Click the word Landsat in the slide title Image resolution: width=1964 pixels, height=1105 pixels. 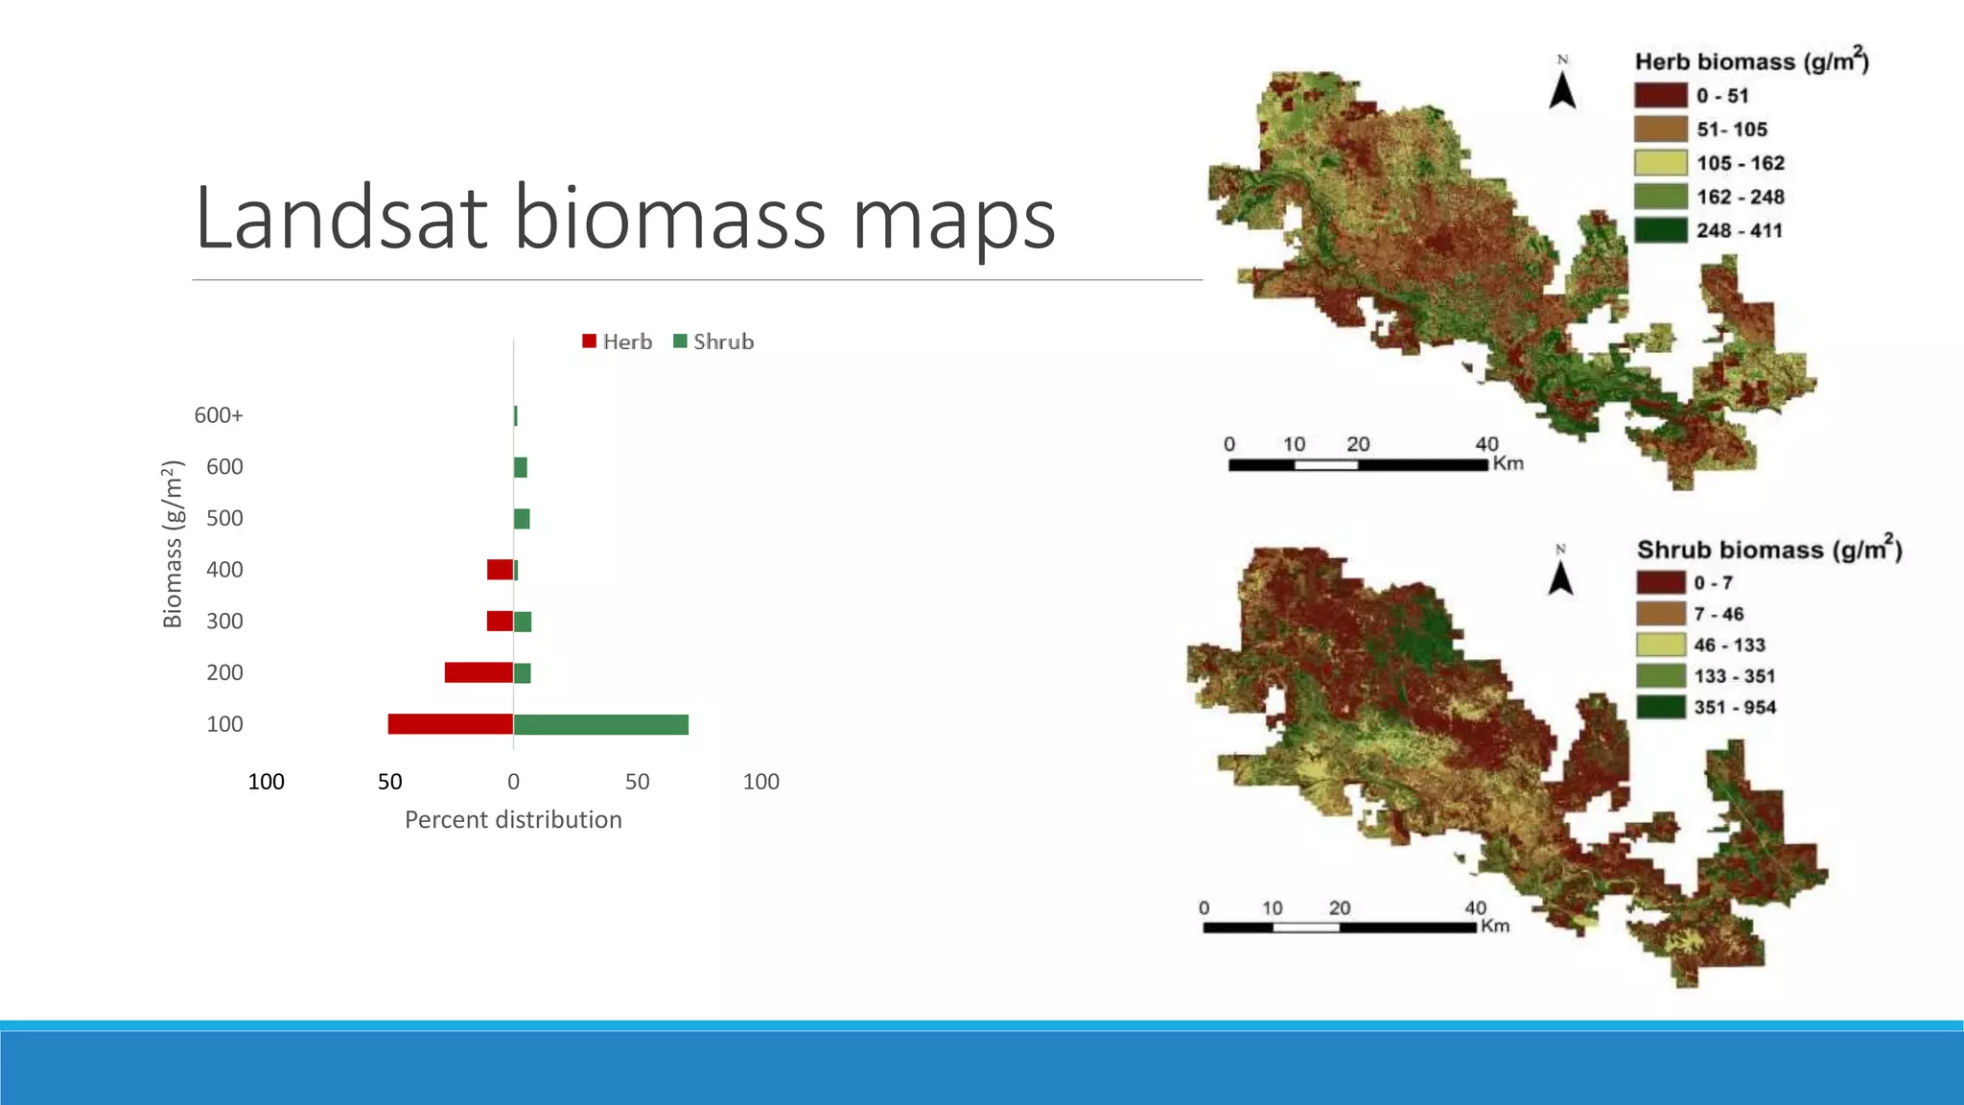[340, 219]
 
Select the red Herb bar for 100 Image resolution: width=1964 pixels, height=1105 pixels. [450, 724]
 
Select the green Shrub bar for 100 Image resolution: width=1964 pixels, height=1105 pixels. [601, 724]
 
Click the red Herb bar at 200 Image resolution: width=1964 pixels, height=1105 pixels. [479, 672]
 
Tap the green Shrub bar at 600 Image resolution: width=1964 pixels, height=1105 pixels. [521, 467]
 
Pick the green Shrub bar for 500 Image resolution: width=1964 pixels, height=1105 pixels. [522, 519]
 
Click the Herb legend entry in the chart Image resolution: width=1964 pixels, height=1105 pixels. [618, 341]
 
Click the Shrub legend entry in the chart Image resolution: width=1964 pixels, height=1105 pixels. [713, 341]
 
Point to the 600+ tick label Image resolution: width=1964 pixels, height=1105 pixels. [219, 415]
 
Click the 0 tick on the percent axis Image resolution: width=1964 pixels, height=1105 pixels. [513, 782]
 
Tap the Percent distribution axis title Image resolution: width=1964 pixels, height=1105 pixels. [513, 820]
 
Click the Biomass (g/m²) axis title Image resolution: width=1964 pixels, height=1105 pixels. [172, 544]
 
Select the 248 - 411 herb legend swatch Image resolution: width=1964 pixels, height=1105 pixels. [1661, 230]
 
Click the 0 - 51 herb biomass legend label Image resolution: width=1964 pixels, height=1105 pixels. [1722, 96]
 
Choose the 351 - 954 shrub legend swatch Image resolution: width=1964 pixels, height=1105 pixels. [1660, 707]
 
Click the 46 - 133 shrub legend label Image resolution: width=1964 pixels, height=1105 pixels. [1729, 645]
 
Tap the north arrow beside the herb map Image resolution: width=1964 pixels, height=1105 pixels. [1562, 89]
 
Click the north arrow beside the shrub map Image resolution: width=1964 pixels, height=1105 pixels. [1560, 576]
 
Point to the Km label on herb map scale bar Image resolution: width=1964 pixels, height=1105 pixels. [1508, 463]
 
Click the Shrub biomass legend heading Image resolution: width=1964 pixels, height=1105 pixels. [1768, 550]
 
